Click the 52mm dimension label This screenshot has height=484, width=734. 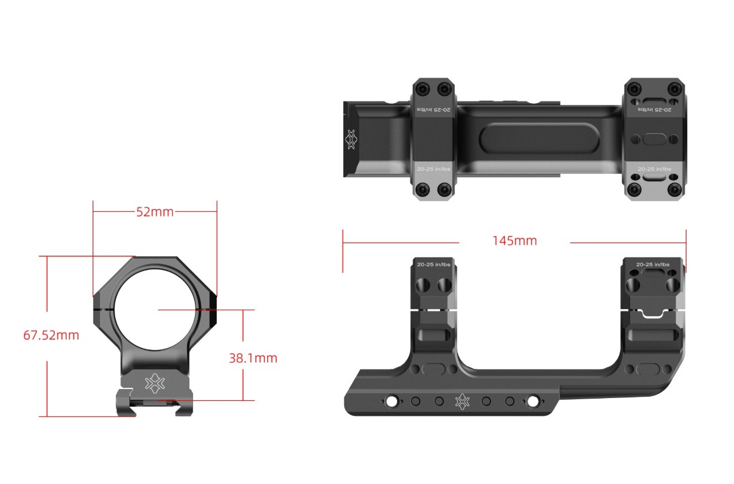tap(155, 212)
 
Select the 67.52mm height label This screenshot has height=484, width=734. tap(51, 335)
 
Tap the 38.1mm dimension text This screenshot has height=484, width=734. tap(253, 358)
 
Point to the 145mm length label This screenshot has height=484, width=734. tap(514, 241)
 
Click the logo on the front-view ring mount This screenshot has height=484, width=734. tap(154, 383)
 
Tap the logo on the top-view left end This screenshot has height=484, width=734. tap(351, 139)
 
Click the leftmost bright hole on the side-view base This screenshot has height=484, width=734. tap(391, 402)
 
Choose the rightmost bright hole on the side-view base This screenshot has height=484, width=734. tap(533, 402)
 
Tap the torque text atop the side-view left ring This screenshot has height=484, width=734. tap(434, 264)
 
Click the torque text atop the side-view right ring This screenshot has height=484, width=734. tap(653, 264)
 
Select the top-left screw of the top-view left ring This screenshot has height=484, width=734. tap(422, 90)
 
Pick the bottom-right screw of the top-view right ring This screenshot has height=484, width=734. tap(674, 190)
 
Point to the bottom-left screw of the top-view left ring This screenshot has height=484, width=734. tap(422, 190)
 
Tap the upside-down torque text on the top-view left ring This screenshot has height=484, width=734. tap(434, 110)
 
